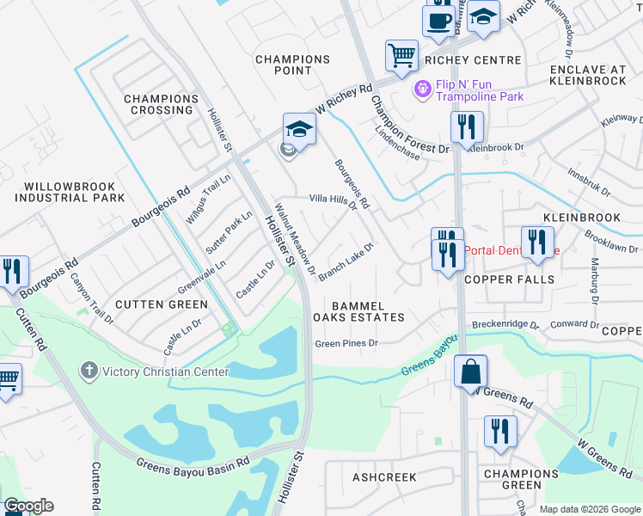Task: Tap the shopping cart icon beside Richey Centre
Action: coord(401,56)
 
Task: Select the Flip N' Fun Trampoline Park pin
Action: coord(422,89)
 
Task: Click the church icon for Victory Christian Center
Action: coord(89,372)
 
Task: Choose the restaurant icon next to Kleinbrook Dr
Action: coord(467,127)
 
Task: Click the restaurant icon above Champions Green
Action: coord(500,433)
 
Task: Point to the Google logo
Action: coord(28,506)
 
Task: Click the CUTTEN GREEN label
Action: coord(161,304)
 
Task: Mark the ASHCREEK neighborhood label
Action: coord(383,476)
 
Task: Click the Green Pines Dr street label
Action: coord(346,343)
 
